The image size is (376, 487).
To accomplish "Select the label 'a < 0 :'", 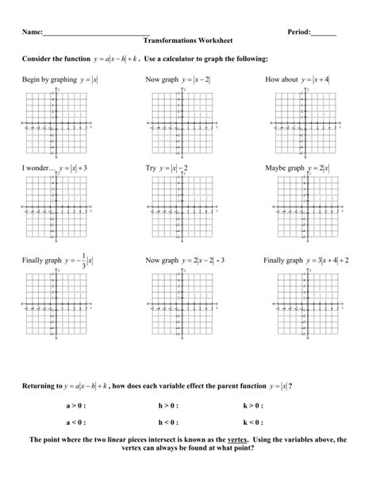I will coord(77,423).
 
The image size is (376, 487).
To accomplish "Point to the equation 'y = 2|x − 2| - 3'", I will coord(205,261).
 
